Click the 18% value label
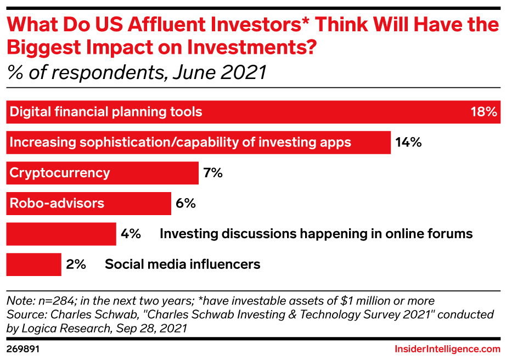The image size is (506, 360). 483,113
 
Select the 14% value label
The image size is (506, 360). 408,143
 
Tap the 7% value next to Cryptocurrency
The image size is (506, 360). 213,173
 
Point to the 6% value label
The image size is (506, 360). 185,204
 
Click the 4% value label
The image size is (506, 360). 131,234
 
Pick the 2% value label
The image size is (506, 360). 76,264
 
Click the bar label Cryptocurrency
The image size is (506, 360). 60,173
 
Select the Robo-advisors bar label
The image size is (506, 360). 57,204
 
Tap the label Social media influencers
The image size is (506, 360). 182,264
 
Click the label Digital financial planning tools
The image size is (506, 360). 106,113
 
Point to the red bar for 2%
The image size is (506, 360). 33,264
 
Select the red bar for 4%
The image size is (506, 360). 61,234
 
